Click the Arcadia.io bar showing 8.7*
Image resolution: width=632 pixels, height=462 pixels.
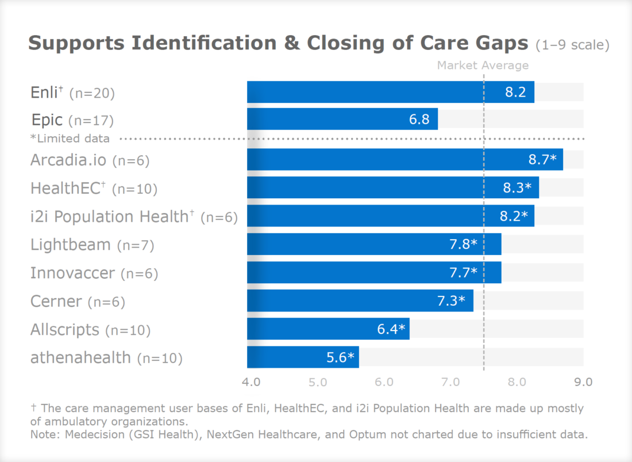pos(404,159)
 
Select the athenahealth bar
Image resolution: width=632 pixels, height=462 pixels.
pos(303,357)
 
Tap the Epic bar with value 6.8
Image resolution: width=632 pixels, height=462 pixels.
pos(342,120)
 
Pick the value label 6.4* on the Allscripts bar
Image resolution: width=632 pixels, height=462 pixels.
pos(391,329)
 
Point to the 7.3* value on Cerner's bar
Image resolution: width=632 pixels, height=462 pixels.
pos(454,301)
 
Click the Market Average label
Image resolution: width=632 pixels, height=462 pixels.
pos(483,66)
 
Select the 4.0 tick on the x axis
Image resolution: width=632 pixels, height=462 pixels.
pos(251,382)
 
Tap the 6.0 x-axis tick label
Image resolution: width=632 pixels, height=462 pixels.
pos(384,382)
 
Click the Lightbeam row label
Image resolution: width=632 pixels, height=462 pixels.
pos(70,245)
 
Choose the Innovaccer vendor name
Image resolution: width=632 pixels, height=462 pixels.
pos(72,273)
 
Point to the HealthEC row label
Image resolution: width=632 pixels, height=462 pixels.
pos(68,188)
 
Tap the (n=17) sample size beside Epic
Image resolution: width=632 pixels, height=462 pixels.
pos(91,121)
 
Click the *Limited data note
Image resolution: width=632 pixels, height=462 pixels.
pos(70,138)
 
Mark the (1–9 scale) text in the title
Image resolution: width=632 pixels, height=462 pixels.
pos(572,45)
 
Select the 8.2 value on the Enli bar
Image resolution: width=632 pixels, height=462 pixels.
pos(515,92)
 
